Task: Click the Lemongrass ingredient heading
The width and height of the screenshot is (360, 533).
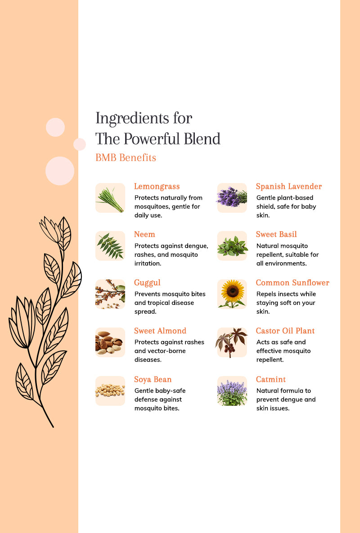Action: point(157,187)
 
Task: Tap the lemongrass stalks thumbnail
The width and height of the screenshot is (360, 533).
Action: point(110,198)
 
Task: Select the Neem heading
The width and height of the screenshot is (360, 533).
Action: point(144,234)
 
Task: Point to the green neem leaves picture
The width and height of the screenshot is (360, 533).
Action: point(110,246)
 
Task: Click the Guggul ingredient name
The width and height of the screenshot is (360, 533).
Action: point(147,283)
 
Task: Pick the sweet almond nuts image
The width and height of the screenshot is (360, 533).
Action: point(110,342)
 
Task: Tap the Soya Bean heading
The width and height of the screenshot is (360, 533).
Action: point(153,379)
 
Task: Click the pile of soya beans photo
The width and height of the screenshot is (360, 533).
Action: point(110,391)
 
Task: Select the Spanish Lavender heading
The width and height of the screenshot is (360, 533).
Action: point(289,187)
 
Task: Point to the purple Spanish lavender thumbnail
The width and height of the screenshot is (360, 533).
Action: point(232,198)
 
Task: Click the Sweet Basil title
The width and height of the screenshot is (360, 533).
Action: point(276,234)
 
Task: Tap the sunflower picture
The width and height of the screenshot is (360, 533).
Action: point(232,294)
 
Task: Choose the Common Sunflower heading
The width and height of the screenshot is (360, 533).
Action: point(292,283)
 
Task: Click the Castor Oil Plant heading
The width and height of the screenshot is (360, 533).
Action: point(285,331)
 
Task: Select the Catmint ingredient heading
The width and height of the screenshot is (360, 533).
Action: point(271,379)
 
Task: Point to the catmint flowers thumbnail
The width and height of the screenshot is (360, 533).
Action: point(232,391)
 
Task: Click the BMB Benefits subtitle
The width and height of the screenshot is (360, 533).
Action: point(126,158)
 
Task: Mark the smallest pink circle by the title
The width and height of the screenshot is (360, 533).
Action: point(80,144)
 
